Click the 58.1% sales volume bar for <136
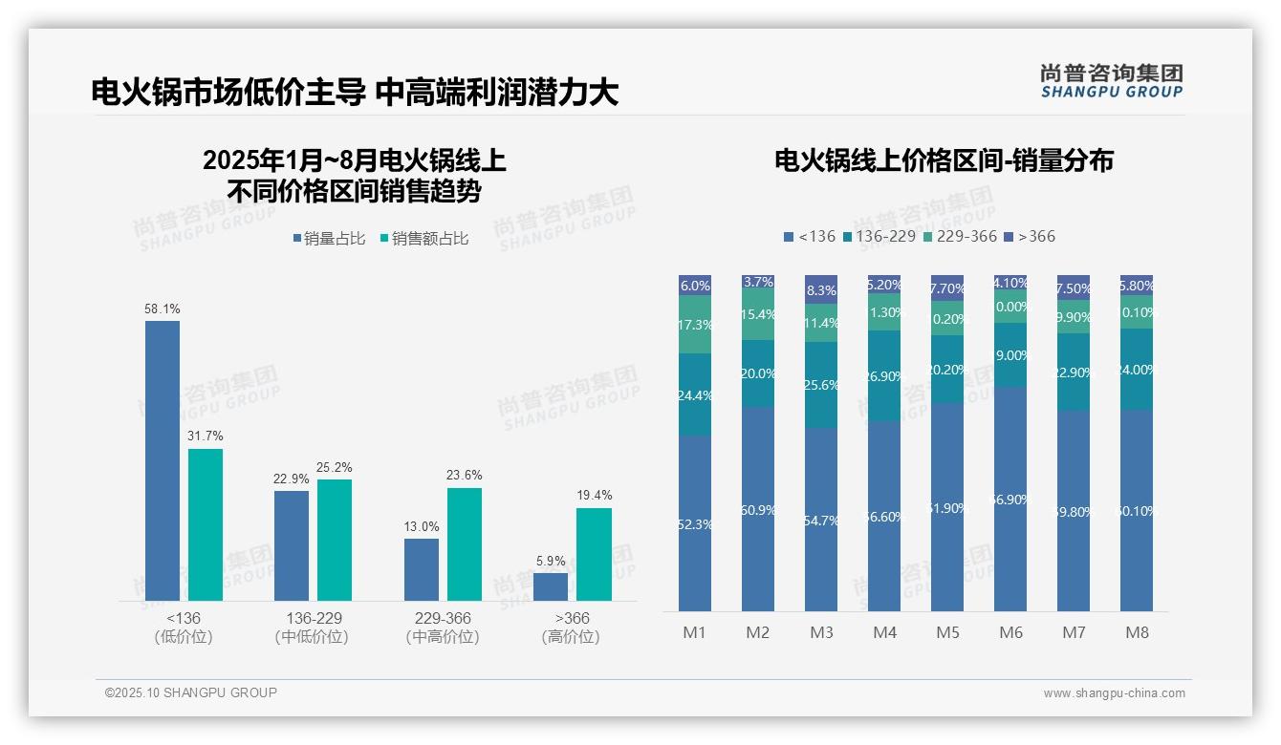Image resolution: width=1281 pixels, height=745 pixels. click(163, 460)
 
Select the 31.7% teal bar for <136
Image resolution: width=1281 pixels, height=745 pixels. click(206, 524)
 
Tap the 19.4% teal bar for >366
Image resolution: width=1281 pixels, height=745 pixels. click(594, 554)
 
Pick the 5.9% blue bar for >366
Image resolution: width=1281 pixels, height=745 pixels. click(551, 586)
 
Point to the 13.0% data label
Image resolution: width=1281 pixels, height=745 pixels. click(422, 526)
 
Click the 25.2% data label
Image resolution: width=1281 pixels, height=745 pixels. click(334, 467)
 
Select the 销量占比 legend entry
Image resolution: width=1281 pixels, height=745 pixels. click(329, 239)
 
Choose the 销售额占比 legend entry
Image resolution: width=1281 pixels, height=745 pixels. click(424, 239)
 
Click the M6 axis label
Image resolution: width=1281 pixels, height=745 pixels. click(1010, 632)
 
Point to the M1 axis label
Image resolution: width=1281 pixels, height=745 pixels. click(694, 632)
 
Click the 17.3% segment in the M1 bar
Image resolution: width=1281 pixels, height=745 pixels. click(695, 324)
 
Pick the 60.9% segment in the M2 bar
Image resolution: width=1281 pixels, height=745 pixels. click(758, 509)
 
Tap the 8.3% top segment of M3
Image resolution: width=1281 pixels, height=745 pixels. click(821, 289)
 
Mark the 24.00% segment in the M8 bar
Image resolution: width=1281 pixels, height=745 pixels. click(1137, 369)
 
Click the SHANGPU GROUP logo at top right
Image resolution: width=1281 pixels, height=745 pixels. click(1111, 81)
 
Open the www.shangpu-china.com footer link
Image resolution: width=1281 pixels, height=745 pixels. click(1114, 693)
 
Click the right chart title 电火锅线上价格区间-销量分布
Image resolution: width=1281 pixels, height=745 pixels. click(944, 160)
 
